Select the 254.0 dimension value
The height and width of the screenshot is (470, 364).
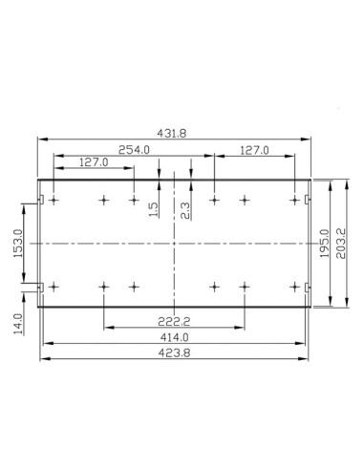coord(134,150)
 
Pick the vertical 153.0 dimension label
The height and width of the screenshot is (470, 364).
coord(17,246)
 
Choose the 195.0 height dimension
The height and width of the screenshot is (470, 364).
coord(325,244)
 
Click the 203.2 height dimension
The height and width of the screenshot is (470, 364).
coord(341,244)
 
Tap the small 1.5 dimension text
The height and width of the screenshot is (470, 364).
coord(154,208)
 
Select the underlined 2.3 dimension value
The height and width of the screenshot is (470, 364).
coord(184,208)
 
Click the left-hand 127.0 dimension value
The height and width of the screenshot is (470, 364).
coord(94,163)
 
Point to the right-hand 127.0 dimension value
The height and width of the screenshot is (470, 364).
coord(253,150)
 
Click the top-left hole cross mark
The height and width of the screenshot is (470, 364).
coord(54,201)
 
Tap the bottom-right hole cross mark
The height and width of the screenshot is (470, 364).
coord(293,286)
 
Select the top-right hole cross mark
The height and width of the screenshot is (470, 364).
coord(293,201)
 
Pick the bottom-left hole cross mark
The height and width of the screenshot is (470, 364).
coord(54,286)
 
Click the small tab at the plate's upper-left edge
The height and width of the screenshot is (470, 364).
coord(41,199)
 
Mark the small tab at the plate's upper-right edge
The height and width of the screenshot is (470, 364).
coord(306,199)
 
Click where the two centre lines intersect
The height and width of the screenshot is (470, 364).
coord(174,244)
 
